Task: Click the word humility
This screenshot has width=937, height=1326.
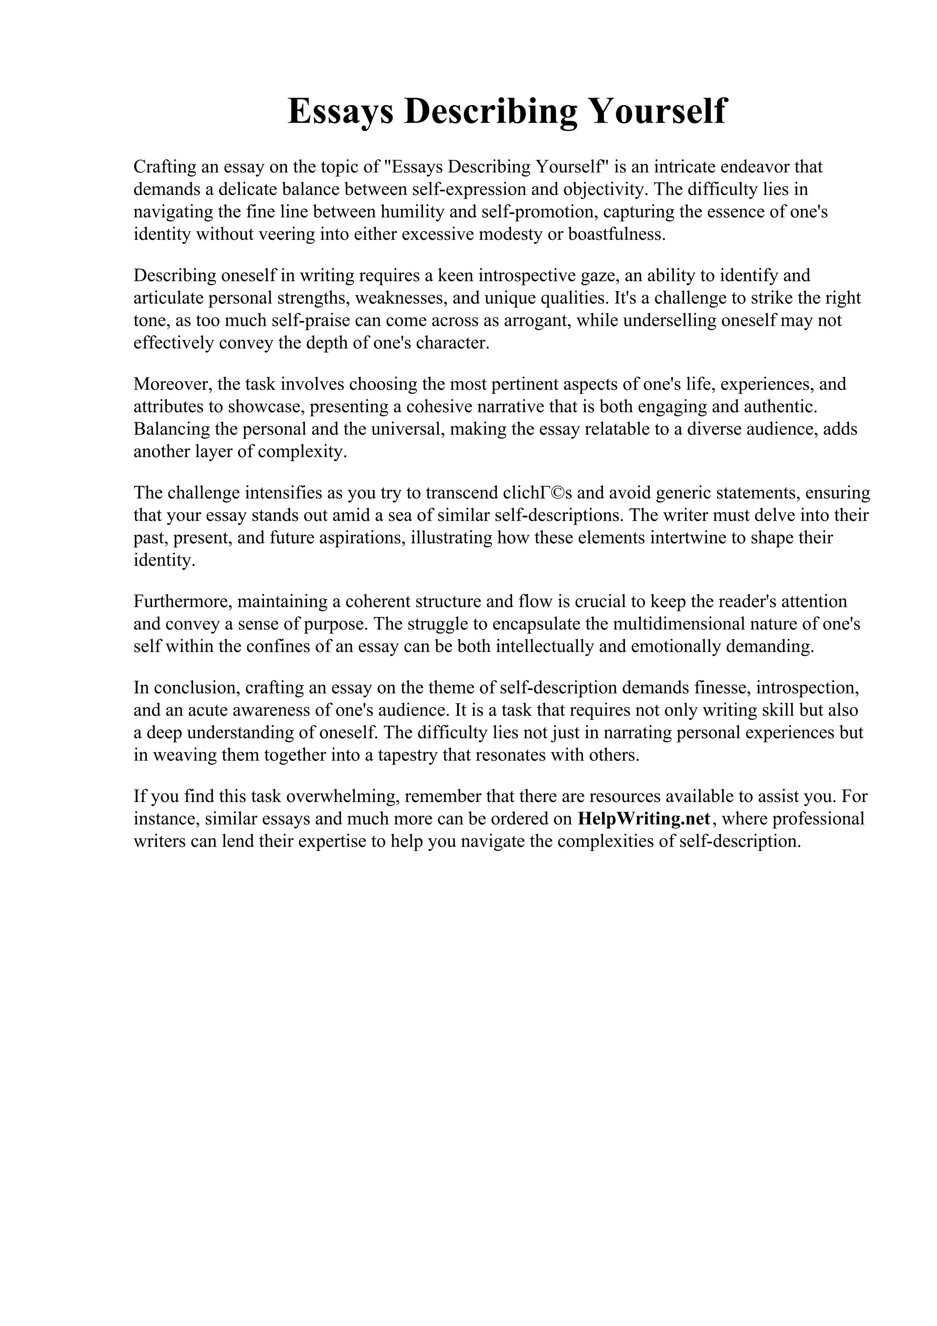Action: [x=413, y=212]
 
